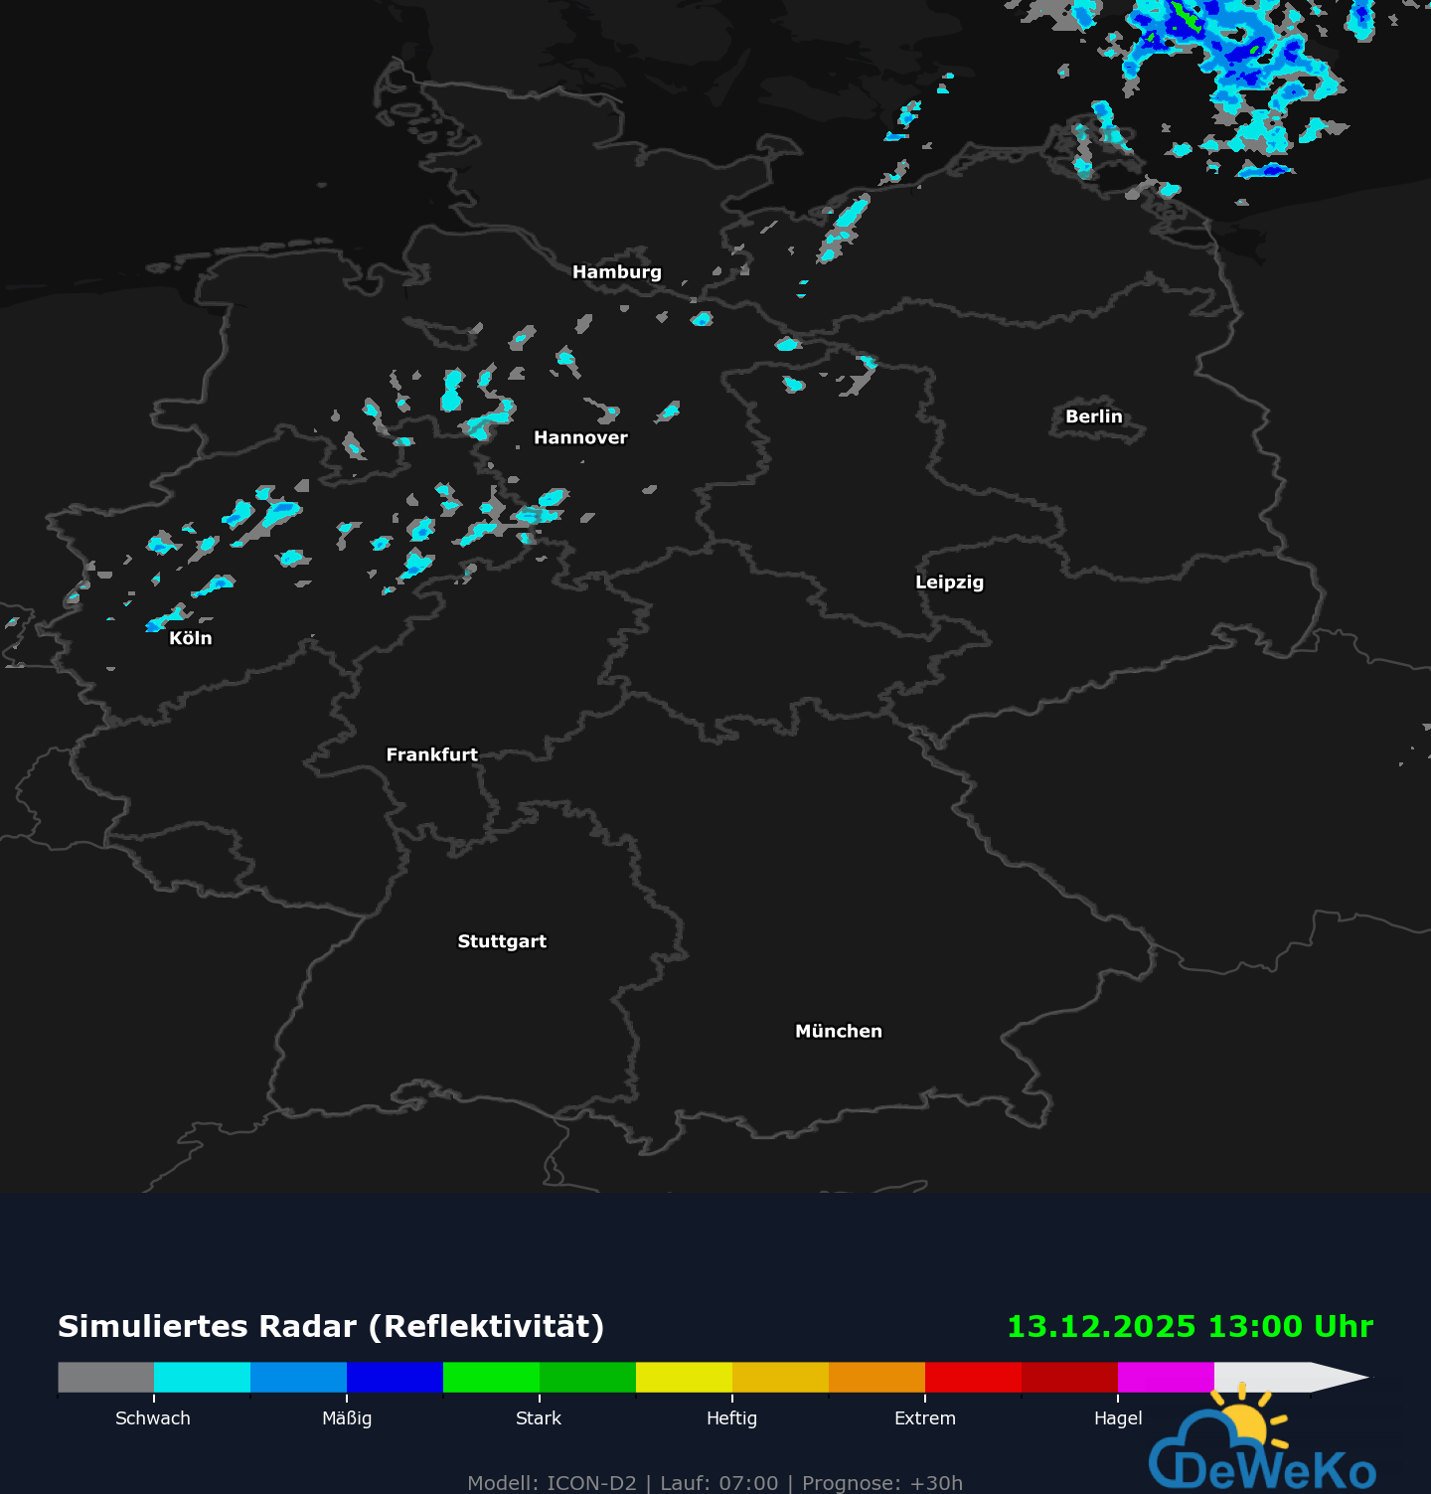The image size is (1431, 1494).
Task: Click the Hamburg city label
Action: click(x=616, y=272)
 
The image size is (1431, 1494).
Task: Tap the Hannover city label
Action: click(x=580, y=438)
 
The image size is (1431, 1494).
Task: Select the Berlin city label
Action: click(x=1093, y=417)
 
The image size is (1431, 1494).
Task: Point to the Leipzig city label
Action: click(x=949, y=582)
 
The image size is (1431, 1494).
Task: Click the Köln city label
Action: click(x=190, y=638)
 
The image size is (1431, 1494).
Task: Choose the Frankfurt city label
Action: click(x=431, y=755)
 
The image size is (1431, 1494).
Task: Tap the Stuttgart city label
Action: click(x=502, y=941)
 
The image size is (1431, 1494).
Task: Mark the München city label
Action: click(x=838, y=1032)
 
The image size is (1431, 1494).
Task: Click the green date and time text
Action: click(x=1190, y=1327)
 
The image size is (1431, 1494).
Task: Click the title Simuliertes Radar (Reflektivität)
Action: click(x=331, y=1327)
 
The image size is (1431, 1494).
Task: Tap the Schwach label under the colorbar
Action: click(x=153, y=1418)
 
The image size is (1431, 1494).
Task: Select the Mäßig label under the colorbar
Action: click(x=347, y=1418)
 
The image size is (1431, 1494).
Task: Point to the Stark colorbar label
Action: click(x=539, y=1418)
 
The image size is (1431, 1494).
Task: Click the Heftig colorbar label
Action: click(x=731, y=1418)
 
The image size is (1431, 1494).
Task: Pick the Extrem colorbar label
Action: click(x=924, y=1418)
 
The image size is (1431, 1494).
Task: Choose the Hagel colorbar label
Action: click(x=1118, y=1418)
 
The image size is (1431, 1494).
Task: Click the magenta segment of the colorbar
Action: click(x=1166, y=1378)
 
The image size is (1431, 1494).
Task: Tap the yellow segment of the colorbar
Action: click(x=684, y=1378)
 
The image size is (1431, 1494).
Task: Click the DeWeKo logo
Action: click(x=1262, y=1451)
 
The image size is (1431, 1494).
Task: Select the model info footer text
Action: click(x=715, y=1483)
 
